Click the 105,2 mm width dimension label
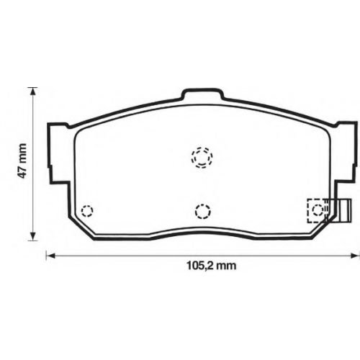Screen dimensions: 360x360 click(x=212, y=266)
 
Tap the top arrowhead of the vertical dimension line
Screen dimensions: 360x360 click(x=33, y=91)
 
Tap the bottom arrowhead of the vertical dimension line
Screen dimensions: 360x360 click(x=33, y=236)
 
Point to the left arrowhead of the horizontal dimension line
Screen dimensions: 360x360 click(x=50, y=256)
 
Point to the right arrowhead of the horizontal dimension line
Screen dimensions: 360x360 click(x=355, y=256)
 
